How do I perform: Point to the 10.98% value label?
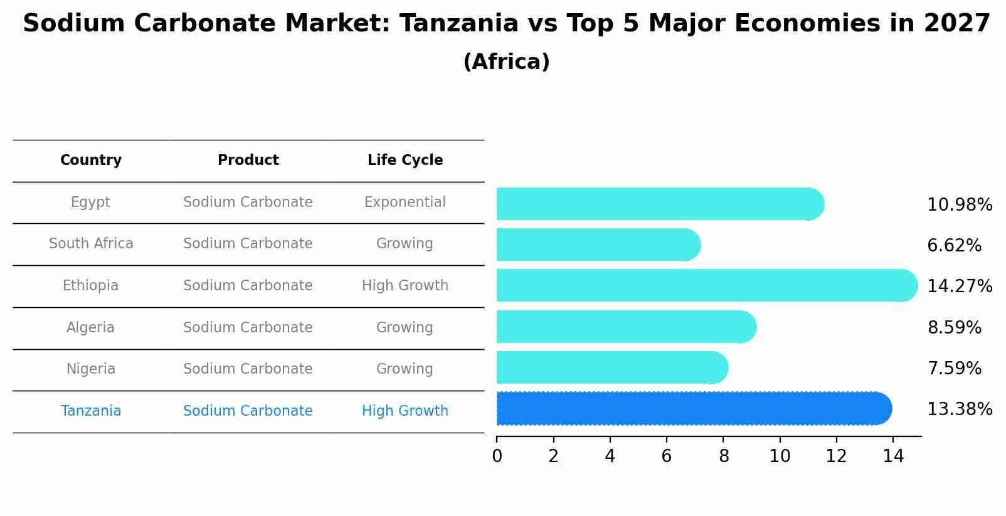click(959, 205)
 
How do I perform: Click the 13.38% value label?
click(959, 409)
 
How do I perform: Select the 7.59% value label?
click(954, 368)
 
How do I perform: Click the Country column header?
click(91, 161)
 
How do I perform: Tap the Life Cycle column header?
click(405, 161)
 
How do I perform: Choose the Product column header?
click(248, 161)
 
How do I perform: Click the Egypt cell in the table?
click(90, 203)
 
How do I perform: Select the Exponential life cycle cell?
click(405, 203)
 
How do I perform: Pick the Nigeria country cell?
click(91, 369)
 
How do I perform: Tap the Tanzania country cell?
click(91, 411)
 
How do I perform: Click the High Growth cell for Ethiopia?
click(405, 286)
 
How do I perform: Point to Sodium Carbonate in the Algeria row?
click(248, 327)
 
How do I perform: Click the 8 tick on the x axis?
click(723, 456)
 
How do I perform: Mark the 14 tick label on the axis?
click(893, 456)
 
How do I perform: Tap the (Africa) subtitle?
click(506, 62)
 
